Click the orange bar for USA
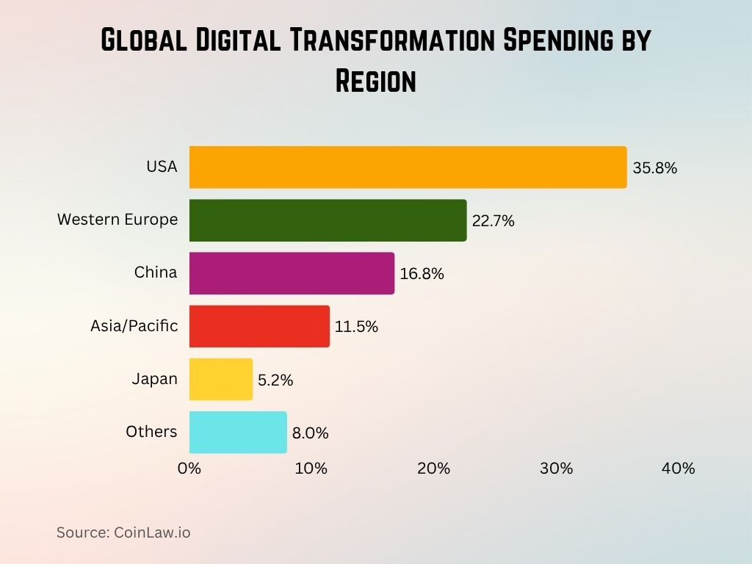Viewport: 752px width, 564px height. (x=408, y=167)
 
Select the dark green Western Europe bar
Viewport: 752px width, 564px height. (x=328, y=220)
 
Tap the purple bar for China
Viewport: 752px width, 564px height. (x=292, y=273)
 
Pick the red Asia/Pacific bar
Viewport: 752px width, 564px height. (x=259, y=326)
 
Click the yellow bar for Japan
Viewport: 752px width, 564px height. (x=220, y=379)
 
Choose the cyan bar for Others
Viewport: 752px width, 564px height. (x=238, y=432)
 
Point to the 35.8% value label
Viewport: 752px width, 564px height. (x=654, y=168)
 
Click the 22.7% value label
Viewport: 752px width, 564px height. (x=493, y=221)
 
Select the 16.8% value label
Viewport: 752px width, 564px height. (x=422, y=274)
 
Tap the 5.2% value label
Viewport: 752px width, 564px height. (x=275, y=380)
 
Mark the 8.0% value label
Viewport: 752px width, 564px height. (x=310, y=433)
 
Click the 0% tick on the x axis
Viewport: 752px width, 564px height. (x=189, y=469)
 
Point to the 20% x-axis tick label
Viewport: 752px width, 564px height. (x=433, y=469)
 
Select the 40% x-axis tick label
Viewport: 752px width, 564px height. (x=678, y=469)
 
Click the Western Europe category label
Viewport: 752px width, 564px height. (x=117, y=220)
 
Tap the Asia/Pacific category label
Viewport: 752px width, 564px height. (x=134, y=325)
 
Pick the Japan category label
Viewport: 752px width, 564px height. (x=154, y=379)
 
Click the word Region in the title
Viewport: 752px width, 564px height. (x=375, y=80)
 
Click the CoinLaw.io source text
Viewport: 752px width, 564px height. (x=152, y=532)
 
